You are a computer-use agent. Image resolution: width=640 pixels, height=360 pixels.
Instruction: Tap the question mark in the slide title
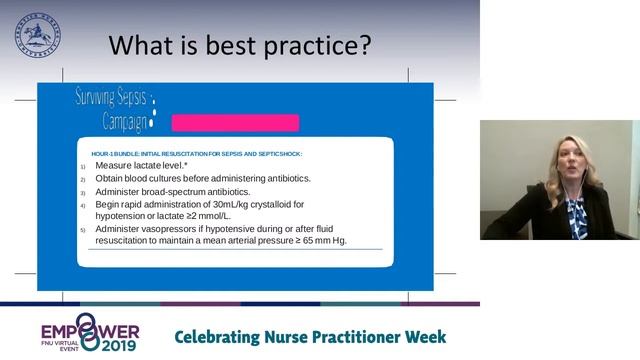(364, 45)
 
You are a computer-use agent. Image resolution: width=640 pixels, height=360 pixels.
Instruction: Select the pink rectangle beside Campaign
(235, 123)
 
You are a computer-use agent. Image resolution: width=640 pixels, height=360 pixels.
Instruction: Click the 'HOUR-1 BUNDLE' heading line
(196, 153)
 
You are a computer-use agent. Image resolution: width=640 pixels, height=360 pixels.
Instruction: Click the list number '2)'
(84, 179)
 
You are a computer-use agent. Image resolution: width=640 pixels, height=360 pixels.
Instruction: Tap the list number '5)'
(84, 230)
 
